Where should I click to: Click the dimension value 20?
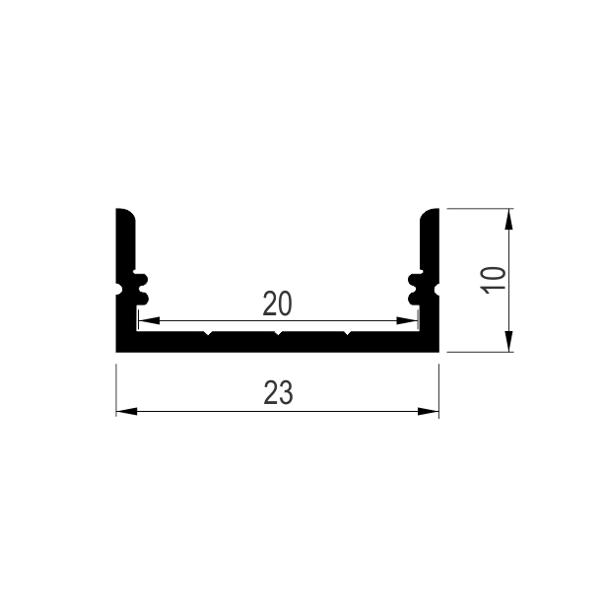click(x=277, y=304)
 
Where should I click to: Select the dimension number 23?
click(x=278, y=394)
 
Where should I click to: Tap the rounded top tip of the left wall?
click(x=124, y=214)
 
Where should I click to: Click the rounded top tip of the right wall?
click(x=431, y=214)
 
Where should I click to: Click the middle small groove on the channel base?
click(x=278, y=334)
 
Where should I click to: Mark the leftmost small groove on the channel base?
click(x=208, y=334)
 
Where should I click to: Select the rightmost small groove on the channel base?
click(x=347, y=334)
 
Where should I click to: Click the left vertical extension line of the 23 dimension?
click(x=116, y=389)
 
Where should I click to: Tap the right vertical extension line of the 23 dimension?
click(x=438, y=389)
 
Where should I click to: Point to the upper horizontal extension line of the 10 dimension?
click(x=478, y=208)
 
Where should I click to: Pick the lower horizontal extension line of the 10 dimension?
click(x=478, y=352)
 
